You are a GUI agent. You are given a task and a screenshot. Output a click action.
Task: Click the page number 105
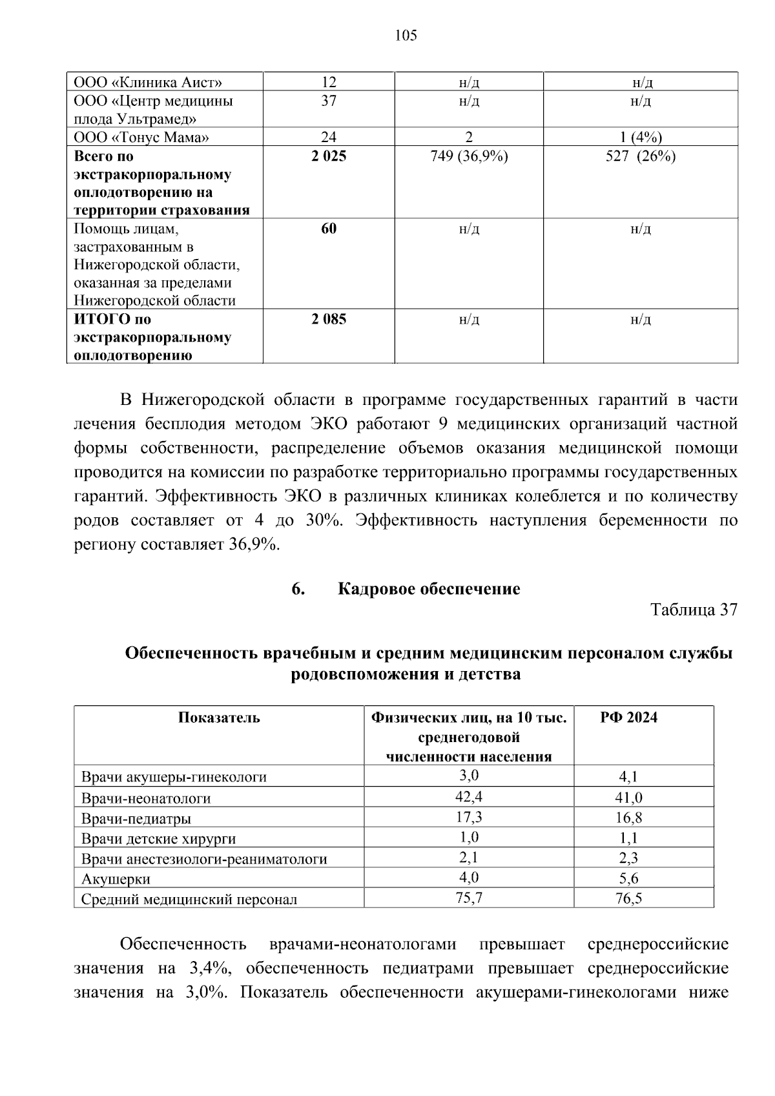[406, 36]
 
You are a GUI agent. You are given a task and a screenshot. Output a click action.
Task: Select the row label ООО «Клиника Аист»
[148, 83]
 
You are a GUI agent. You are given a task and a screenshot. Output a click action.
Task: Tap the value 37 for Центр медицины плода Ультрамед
[329, 101]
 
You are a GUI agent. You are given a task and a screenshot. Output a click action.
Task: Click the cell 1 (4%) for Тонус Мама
[641, 137]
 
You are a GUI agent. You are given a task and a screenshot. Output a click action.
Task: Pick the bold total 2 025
[329, 156]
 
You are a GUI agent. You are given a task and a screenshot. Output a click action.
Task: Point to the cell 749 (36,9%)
[469, 156]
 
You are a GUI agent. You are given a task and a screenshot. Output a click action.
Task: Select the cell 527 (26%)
[641, 156]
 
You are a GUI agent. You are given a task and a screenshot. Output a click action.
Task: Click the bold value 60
[329, 228]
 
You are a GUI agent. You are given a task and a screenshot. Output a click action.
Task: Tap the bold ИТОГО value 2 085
[329, 319]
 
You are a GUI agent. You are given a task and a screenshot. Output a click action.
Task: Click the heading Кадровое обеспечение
[429, 589]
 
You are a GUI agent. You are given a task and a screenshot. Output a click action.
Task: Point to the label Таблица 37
[694, 610]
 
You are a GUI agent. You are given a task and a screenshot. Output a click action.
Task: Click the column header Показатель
[219, 718]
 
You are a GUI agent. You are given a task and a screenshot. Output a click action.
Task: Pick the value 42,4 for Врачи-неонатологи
[469, 796]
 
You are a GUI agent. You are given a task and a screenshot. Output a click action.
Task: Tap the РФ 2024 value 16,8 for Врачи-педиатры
[628, 818]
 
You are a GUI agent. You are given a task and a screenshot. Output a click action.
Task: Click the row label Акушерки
[116, 879]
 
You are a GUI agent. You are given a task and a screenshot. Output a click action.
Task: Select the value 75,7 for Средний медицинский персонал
[469, 898]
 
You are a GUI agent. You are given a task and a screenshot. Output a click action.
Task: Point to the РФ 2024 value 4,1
[628, 777]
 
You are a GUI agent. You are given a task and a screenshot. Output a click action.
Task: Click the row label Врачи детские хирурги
[158, 839]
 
